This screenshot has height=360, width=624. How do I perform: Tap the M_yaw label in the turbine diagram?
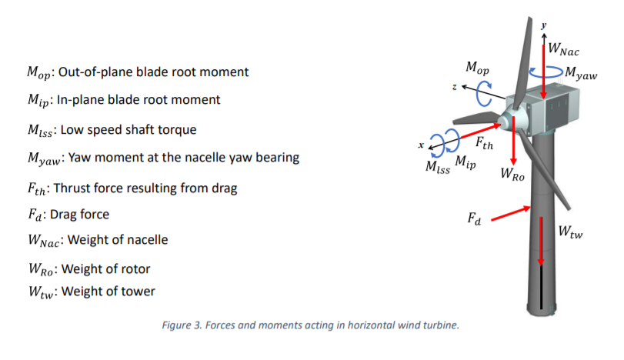[580, 74]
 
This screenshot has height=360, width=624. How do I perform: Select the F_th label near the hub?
[484, 142]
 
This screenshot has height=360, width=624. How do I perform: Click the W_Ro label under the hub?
[512, 175]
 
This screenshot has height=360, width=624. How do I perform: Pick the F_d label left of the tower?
[474, 219]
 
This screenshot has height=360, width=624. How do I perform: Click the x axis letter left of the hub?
[420, 145]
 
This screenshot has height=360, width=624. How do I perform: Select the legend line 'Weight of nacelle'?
[118, 239]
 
